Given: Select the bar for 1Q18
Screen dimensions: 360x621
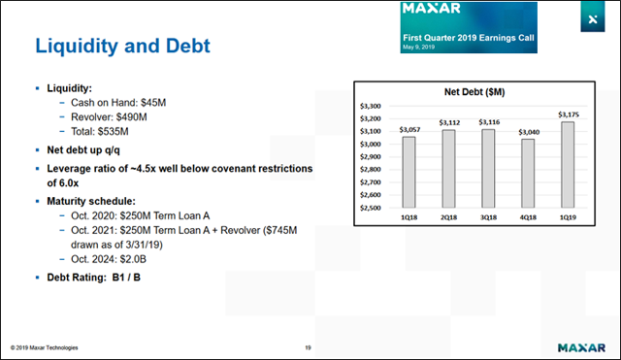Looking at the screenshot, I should (409, 172).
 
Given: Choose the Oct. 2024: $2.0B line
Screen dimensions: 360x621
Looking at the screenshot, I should (105, 260).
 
